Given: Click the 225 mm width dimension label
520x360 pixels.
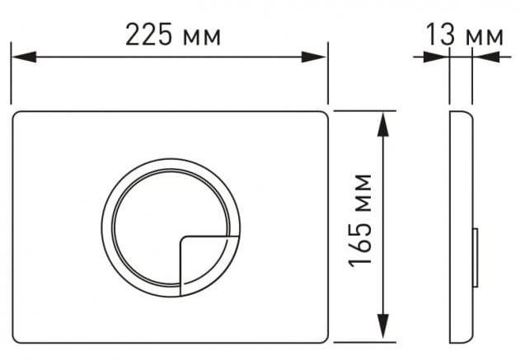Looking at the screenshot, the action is (173, 34).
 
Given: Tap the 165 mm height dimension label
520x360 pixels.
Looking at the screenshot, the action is (360, 220).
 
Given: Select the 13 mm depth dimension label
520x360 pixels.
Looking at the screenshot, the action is (465, 34).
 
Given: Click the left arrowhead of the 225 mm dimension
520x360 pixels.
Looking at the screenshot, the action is (24, 57).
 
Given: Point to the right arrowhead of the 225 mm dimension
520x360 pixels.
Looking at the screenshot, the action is (314, 57).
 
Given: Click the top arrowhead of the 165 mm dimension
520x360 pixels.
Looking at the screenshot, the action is (383, 124).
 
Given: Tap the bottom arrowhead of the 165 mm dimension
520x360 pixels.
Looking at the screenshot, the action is (383, 326).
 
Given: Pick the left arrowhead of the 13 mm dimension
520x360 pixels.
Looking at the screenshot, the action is (436, 57).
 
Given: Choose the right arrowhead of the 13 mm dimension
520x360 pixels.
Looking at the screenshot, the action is (486, 57).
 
